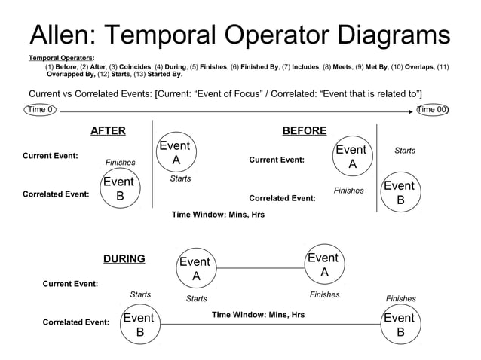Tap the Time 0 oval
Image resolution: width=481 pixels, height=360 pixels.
pyautogui.click(x=40, y=110)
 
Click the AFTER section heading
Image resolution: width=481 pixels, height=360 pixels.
pyautogui.click(x=108, y=131)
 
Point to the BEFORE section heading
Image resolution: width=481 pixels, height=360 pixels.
pyautogui.click(x=304, y=131)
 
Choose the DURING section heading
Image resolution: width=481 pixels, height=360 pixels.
pyautogui.click(x=124, y=259)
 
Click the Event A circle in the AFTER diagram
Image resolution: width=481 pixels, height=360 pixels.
pyautogui.click(x=176, y=153)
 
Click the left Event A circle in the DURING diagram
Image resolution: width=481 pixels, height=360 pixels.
pyautogui.click(x=195, y=269)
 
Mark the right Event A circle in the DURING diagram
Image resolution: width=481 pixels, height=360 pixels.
pyautogui.click(x=323, y=264)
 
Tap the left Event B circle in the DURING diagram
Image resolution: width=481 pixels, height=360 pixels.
pyautogui.click(x=139, y=325)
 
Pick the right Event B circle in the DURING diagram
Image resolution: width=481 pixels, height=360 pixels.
pyautogui.click(x=399, y=325)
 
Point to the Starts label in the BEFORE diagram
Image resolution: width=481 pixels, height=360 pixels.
pyautogui.click(x=405, y=151)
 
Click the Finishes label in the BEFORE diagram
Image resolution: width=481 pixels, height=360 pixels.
pyautogui.click(x=348, y=191)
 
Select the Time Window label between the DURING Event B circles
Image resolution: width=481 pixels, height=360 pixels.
pyautogui.click(x=258, y=314)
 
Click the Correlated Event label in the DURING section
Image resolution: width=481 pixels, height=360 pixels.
pyautogui.click(x=75, y=322)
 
